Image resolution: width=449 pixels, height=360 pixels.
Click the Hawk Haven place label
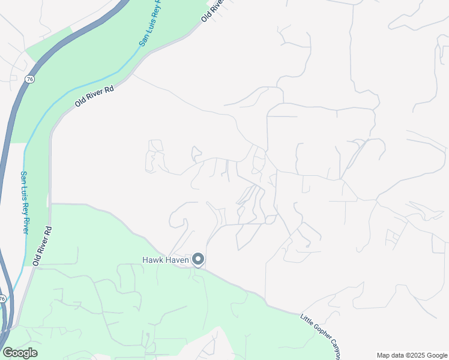point(165,260)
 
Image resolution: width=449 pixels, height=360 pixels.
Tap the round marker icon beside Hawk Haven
point(199,260)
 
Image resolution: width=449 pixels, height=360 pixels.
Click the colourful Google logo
point(20,353)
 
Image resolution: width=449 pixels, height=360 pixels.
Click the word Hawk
point(152,260)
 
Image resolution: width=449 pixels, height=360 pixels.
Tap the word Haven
point(176,260)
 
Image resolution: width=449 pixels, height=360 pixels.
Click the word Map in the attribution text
point(384,355)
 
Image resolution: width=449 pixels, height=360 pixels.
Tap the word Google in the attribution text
point(436,355)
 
